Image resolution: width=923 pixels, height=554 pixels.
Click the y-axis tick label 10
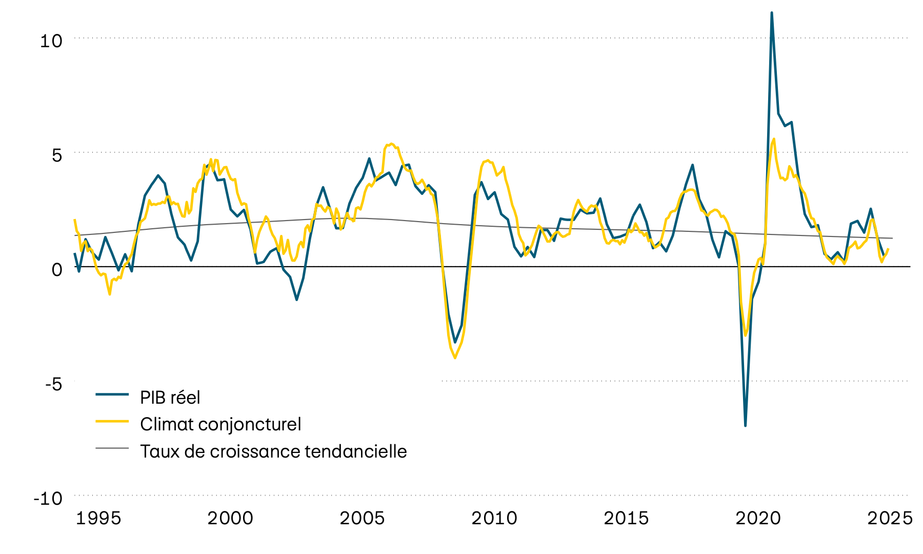pyautogui.click(x=51, y=41)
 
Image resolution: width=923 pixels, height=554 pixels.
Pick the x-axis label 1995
pyautogui.click(x=98, y=518)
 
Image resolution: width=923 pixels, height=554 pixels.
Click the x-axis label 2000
pyautogui.click(x=230, y=518)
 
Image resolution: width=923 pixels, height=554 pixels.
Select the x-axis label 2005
pyautogui.click(x=362, y=518)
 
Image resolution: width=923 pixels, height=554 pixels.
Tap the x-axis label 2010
pyautogui.click(x=494, y=518)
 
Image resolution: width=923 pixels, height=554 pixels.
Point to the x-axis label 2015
pyautogui.click(x=626, y=518)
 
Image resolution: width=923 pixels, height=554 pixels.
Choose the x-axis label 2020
pyautogui.click(x=758, y=518)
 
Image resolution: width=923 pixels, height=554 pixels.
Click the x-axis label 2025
pyautogui.click(x=890, y=518)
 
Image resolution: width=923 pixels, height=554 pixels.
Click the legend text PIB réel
pyautogui.click(x=170, y=398)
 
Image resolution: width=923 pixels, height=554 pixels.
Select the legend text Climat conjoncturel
pyautogui.click(x=220, y=424)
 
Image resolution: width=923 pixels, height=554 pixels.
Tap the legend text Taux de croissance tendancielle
pyautogui.click(x=273, y=451)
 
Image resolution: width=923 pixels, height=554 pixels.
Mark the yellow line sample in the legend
pyautogui.click(x=112, y=421)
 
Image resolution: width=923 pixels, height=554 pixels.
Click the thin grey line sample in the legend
pyautogui.click(x=112, y=448)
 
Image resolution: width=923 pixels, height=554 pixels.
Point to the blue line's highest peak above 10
pyautogui.click(x=772, y=13)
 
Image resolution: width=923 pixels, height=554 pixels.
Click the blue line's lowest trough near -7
pyautogui.click(x=745, y=425)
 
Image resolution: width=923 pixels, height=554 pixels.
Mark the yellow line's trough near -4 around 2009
pyautogui.click(x=455, y=358)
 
